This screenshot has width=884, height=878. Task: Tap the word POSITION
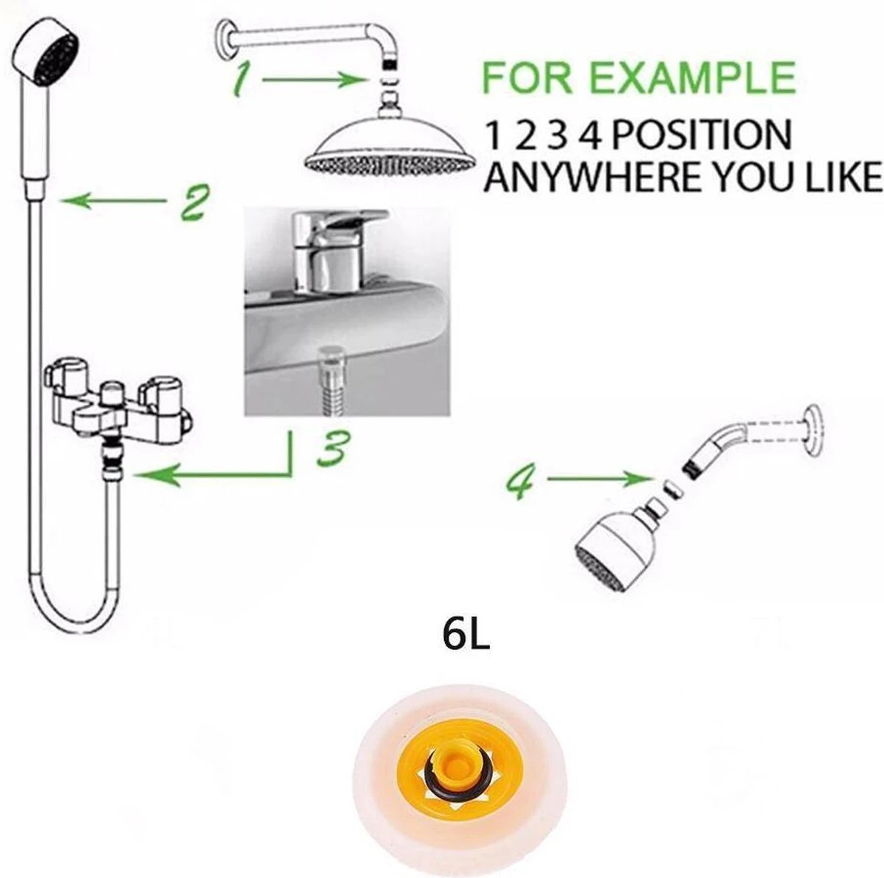click(x=701, y=135)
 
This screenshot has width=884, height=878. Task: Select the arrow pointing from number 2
click(x=113, y=201)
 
